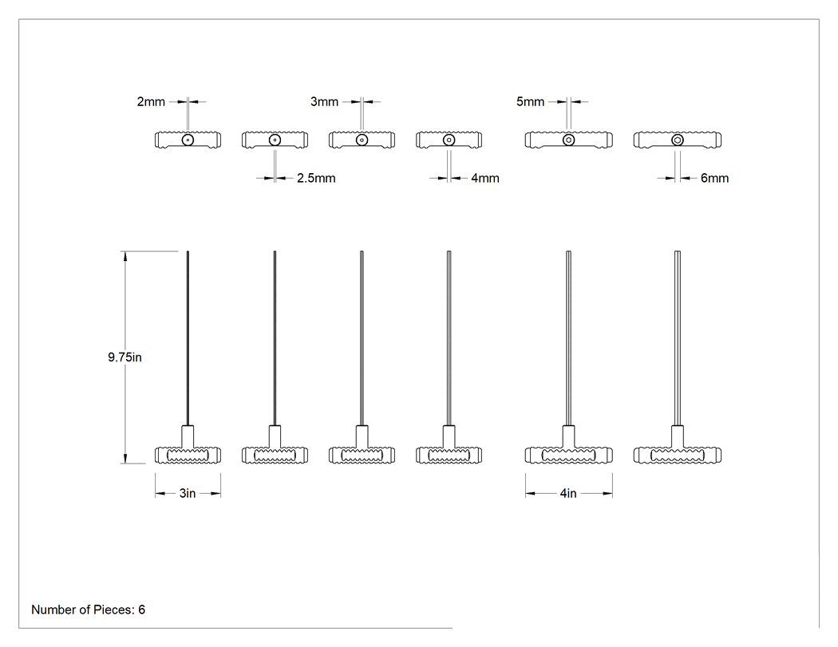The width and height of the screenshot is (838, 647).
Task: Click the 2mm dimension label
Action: tap(151, 101)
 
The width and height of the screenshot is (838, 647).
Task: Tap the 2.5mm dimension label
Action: tap(316, 178)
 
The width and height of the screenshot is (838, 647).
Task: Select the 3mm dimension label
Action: tap(324, 101)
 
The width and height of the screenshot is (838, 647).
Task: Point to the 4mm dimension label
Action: tap(485, 178)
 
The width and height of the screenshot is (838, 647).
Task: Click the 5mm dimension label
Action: tap(530, 101)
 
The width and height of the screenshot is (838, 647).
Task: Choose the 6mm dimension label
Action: tap(714, 178)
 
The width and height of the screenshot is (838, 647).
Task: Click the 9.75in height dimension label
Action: tap(125, 357)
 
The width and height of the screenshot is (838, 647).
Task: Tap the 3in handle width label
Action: tap(187, 493)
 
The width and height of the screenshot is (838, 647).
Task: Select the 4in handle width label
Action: tap(568, 493)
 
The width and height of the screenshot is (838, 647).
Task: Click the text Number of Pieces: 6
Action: tap(88, 610)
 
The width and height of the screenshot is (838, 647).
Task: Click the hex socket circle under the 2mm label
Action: tap(188, 140)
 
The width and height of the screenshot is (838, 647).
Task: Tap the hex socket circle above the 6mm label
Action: tap(677, 140)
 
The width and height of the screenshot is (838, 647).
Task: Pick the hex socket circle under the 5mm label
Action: tap(568, 140)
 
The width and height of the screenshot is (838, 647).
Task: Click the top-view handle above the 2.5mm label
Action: tap(275, 140)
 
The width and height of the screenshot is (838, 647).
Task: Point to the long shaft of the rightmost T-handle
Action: tap(677, 338)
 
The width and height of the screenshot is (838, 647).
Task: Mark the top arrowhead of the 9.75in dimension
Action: tap(125, 256)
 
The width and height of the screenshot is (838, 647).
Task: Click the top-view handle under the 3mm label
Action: tap(362, 140)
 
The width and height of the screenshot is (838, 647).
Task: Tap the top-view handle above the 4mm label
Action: tap(449, 140)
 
